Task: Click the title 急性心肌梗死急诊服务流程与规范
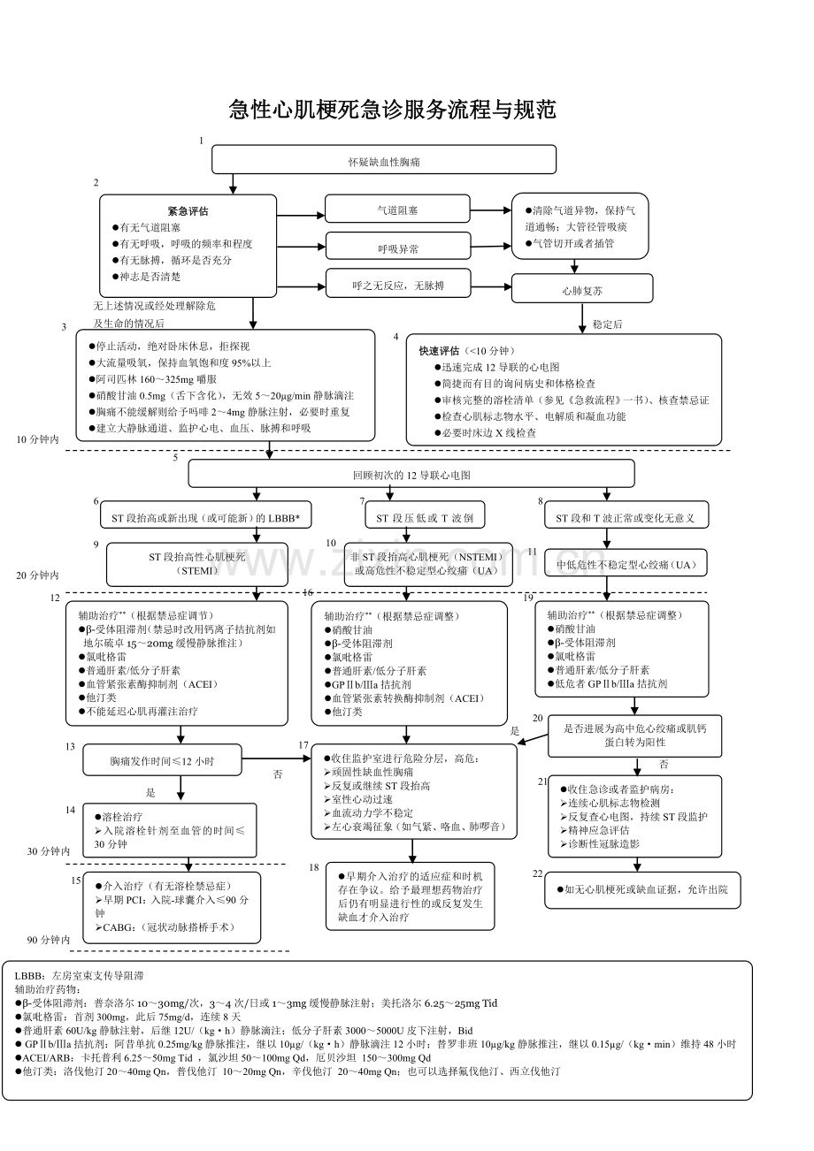point(392,111)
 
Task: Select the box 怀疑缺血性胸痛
point(383,160)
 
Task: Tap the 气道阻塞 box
point(397,210)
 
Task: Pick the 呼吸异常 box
point(397,248)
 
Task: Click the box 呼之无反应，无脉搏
point(397,286)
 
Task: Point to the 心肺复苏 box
point(581,289)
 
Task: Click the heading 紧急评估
point(188,211)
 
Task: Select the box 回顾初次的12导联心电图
point(411,475)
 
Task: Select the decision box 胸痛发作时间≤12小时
point(162,760)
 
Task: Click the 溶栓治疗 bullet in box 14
point(123,817)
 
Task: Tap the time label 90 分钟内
point(48,941)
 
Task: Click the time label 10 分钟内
point(37,439)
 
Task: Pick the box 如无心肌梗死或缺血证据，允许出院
point(642,890)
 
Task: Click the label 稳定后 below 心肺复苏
point(607,324)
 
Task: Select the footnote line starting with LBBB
point(80,975)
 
